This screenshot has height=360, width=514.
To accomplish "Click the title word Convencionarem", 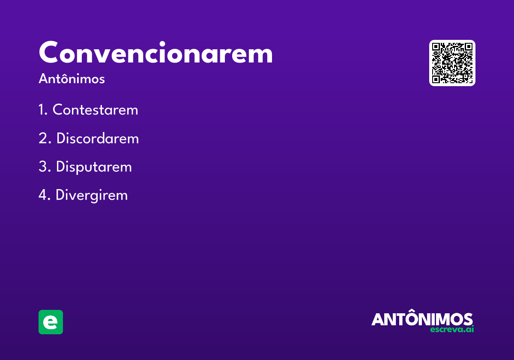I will coord(155,53).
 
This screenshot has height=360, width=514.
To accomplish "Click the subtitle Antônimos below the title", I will coord(72,79).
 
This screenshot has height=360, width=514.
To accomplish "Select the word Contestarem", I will coord(95,110).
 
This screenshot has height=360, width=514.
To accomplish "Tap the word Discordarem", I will coord(97,139).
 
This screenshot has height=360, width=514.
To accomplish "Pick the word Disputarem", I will coord(94,167).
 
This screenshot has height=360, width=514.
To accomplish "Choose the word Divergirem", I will coord(92,195).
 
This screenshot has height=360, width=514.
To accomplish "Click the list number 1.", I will coord(42,110).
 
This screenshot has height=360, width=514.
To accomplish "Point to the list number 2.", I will coord(43,139).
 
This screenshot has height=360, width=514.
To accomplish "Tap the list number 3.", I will coord(43,167).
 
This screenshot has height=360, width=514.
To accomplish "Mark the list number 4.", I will coord(43,195).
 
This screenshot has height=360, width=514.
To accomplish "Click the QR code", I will coord(452,63).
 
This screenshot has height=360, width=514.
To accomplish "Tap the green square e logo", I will coord(51,322).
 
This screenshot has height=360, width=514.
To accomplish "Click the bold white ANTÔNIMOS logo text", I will coord(422,319).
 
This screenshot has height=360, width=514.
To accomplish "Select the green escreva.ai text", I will coord(452,330).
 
